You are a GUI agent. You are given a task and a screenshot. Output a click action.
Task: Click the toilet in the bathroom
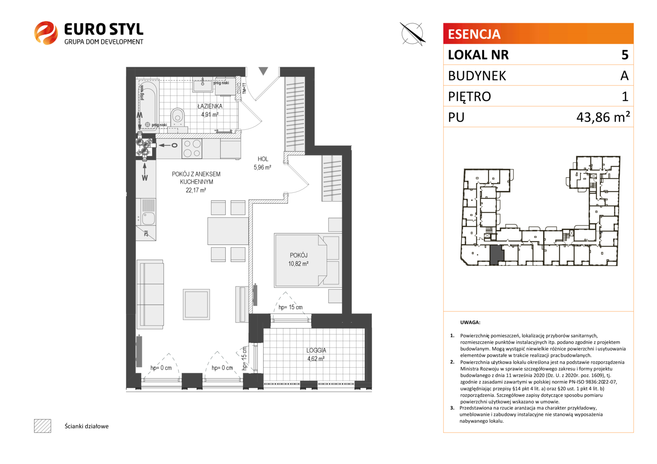coord(178,117)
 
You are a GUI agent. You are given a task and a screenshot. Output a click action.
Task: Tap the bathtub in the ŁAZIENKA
coord(148,105)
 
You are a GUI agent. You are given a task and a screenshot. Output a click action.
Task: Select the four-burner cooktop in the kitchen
coord(192,148)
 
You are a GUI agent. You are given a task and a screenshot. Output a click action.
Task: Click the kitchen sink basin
coord(148,218)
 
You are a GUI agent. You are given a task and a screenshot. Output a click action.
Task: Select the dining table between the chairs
coord(228,231)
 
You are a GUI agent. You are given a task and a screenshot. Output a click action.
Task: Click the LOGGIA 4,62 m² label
coord(316,354)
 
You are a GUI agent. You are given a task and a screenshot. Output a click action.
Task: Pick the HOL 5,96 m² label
coord(262,163)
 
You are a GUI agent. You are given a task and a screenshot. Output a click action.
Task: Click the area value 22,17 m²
coord(196,190)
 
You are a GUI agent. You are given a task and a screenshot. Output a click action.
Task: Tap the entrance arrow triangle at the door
coord(263,71)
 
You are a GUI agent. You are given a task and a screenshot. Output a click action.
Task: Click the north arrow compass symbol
coord(412,34)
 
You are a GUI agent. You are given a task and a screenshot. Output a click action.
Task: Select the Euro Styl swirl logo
coord(46,33)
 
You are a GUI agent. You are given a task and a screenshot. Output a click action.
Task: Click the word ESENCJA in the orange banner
coord(474,34)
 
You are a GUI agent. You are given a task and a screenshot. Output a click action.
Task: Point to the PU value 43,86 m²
coord(603,117)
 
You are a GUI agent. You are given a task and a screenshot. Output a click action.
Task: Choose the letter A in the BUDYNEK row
coord(624,76)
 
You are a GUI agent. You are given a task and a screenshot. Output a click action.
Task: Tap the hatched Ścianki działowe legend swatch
coord(43,426)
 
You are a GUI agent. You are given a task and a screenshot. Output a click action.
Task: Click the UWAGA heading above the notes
coord(470,322)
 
